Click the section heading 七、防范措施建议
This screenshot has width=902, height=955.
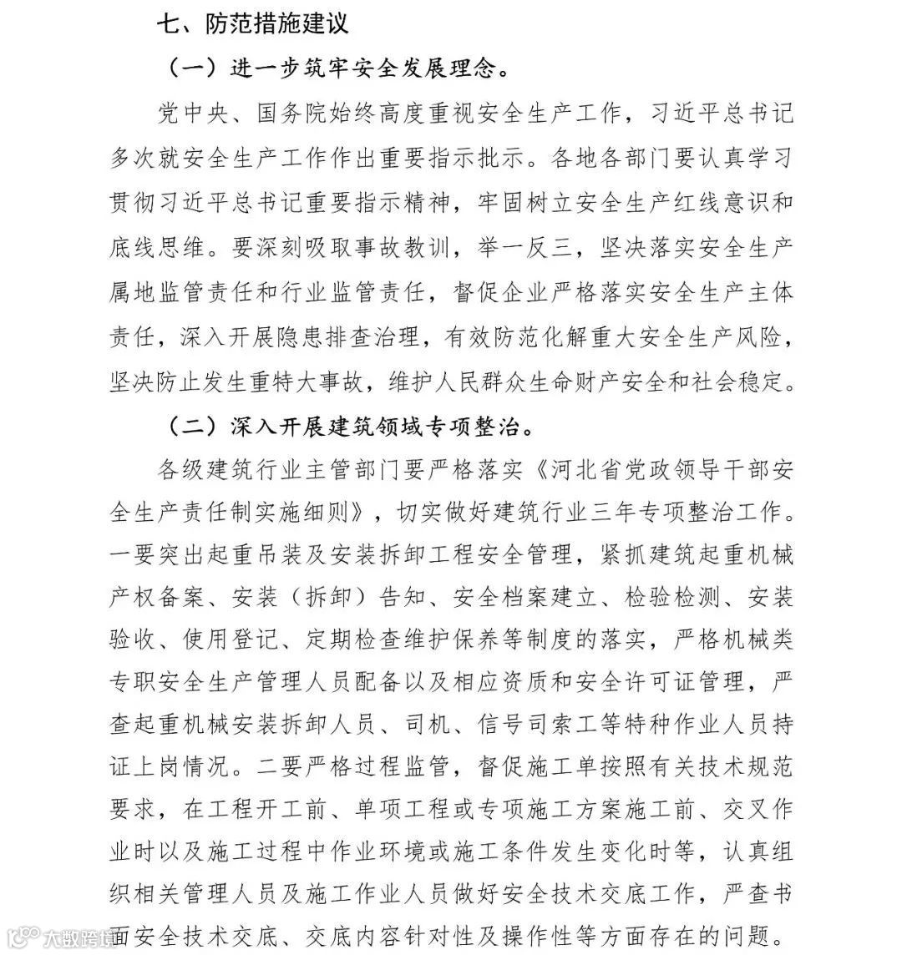(252, 23)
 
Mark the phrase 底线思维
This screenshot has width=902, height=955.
(158, 248)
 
